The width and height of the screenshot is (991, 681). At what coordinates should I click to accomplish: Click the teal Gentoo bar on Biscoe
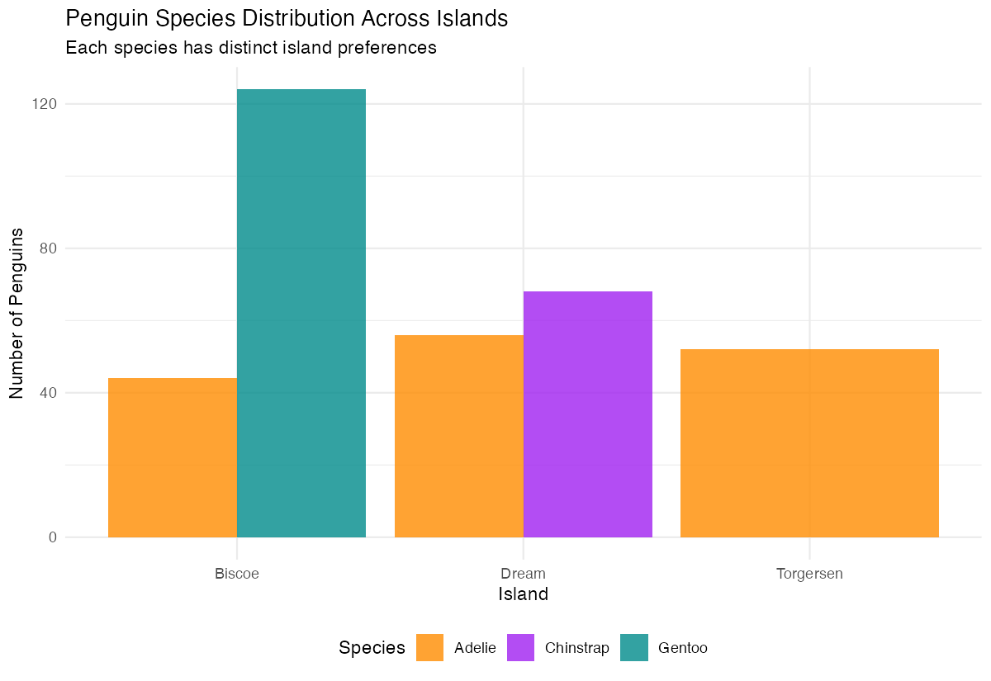[301, 314]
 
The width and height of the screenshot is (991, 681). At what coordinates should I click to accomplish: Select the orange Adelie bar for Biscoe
[173, 457]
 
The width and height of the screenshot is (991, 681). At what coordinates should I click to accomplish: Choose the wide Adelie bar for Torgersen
[809, 443]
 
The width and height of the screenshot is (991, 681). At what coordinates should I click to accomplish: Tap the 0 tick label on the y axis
[52, 537]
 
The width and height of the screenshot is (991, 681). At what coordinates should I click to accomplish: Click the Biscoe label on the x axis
[237, 574]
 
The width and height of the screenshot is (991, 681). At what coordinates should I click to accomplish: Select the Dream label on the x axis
[523, 574]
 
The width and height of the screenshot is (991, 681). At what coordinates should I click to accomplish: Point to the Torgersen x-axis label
[809, 574]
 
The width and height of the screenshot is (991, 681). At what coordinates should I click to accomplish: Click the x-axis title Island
[523, 594]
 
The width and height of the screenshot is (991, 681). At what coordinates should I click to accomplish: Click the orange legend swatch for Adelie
[430, 648]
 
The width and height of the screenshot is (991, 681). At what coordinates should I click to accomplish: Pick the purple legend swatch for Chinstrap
[520, 648]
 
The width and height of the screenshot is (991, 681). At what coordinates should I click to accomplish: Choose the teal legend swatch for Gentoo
[634, 648]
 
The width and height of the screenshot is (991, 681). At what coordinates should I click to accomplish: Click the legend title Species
[372, 648]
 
